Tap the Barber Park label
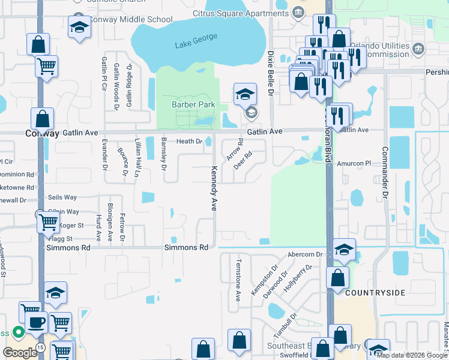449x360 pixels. click(x=193, y=104)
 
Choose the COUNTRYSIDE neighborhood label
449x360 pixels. click(x=375, y=293)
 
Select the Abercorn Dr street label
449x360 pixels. click(x=305, y=254)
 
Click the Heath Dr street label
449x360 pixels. click(x=189, y=142)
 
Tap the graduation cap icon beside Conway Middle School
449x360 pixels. click(x=79, y=28)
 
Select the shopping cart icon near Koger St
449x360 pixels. click(x=48, y=223)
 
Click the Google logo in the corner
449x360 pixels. click(x=19, y=353)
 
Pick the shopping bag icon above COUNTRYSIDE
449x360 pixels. click(x=338, y=277)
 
